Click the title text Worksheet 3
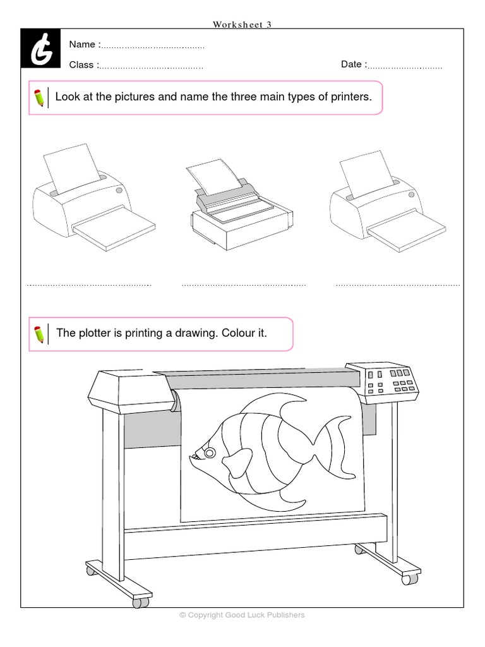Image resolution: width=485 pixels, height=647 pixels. click(242, 25)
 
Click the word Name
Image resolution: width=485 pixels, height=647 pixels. click(82, 44)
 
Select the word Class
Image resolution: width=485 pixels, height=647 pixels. click(82, 64)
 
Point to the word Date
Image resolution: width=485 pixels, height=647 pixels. click(352, 64)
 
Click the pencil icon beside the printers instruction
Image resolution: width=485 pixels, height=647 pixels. click(39, 98)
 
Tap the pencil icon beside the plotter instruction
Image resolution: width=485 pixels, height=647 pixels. click(39, 334)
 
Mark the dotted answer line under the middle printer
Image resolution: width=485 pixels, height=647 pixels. click(243, 285)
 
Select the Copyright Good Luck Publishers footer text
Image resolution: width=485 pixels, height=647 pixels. click(242, 615)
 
